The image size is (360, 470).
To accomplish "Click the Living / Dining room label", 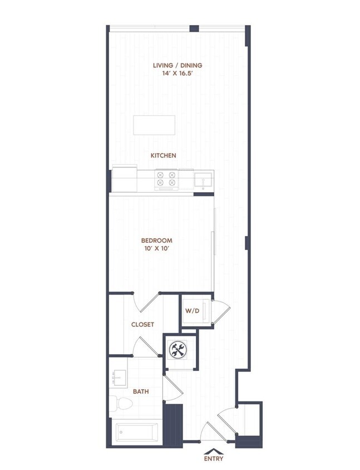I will tap(177, 65).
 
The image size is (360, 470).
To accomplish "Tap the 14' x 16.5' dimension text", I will tap(177, 73).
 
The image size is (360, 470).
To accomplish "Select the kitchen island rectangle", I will tap(154, 125).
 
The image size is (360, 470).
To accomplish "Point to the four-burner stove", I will tap(166, 178).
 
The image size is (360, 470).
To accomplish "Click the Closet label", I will tap(142, 324).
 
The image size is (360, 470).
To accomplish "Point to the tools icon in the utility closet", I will tap(179, 350).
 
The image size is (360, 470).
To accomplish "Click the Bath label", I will tap(141, 391).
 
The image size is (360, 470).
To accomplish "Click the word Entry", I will tap(213, 459).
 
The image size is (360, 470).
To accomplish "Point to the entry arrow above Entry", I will tap(213, 449).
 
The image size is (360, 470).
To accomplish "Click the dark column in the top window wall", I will tap(194, 28).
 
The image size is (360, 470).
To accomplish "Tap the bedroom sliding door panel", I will tap(215, 245).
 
